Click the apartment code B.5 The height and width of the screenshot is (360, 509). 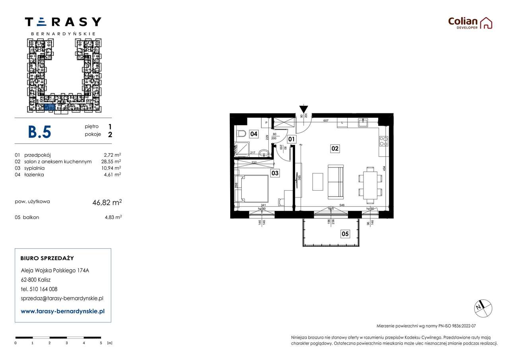click(x=39, y=132)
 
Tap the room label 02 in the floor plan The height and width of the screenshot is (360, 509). click(x=335, y=148)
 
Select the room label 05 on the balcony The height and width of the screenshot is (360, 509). click(x=345, y=234)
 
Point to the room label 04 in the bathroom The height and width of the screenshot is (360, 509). click(x=254, y=134)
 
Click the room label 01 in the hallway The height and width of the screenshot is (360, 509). click(x=291, y=139)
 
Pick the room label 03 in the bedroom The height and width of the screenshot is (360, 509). click(x=275, y=173)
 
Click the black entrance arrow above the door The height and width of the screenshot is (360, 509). click(x=303, y=109)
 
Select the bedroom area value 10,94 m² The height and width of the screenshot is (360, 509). click(x=112, y=168)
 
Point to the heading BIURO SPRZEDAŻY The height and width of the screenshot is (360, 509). click(x=47, y=258)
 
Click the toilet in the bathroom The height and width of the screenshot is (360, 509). click(x=241, y=134)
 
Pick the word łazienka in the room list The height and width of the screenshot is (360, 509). click(x=34, y=174)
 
